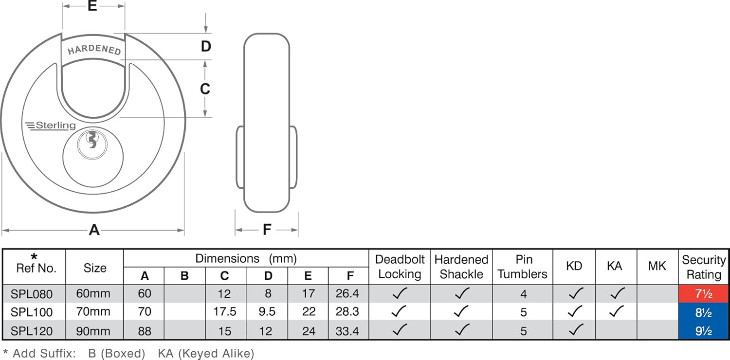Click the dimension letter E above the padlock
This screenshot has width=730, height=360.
(x=92, y=6)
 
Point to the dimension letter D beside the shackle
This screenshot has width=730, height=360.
(x=206, y=46)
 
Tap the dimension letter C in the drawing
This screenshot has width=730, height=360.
(x=205, y=89)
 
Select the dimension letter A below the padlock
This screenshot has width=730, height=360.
(x=94, y=230)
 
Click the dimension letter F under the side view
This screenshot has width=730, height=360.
(x=267, y=230)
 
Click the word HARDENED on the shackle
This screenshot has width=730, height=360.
(x=94, y=50)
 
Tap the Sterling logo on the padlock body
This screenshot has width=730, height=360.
(x=51, y=126)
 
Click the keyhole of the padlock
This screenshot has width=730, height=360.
(x=92, y=140)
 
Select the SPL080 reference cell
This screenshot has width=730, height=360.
(x=32, y=294)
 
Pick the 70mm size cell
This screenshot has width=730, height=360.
(x=93, y=312)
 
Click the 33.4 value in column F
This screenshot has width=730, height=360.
(x=347, y=331)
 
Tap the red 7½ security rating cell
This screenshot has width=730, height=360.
(x=703, y=294)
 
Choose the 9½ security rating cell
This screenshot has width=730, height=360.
(x=703, y=331)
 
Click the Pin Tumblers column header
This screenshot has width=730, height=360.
(x=522, y=267)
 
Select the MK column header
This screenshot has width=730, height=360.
(x=657, y=266)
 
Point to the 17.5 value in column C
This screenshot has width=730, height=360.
(x=224, y=312)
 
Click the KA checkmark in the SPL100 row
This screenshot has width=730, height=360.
(x=616, y=311)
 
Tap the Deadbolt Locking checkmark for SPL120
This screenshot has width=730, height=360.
(x=399, y=330)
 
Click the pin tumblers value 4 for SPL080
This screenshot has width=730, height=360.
(x=523, y=294)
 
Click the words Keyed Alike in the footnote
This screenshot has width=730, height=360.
(x=216, y=354)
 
